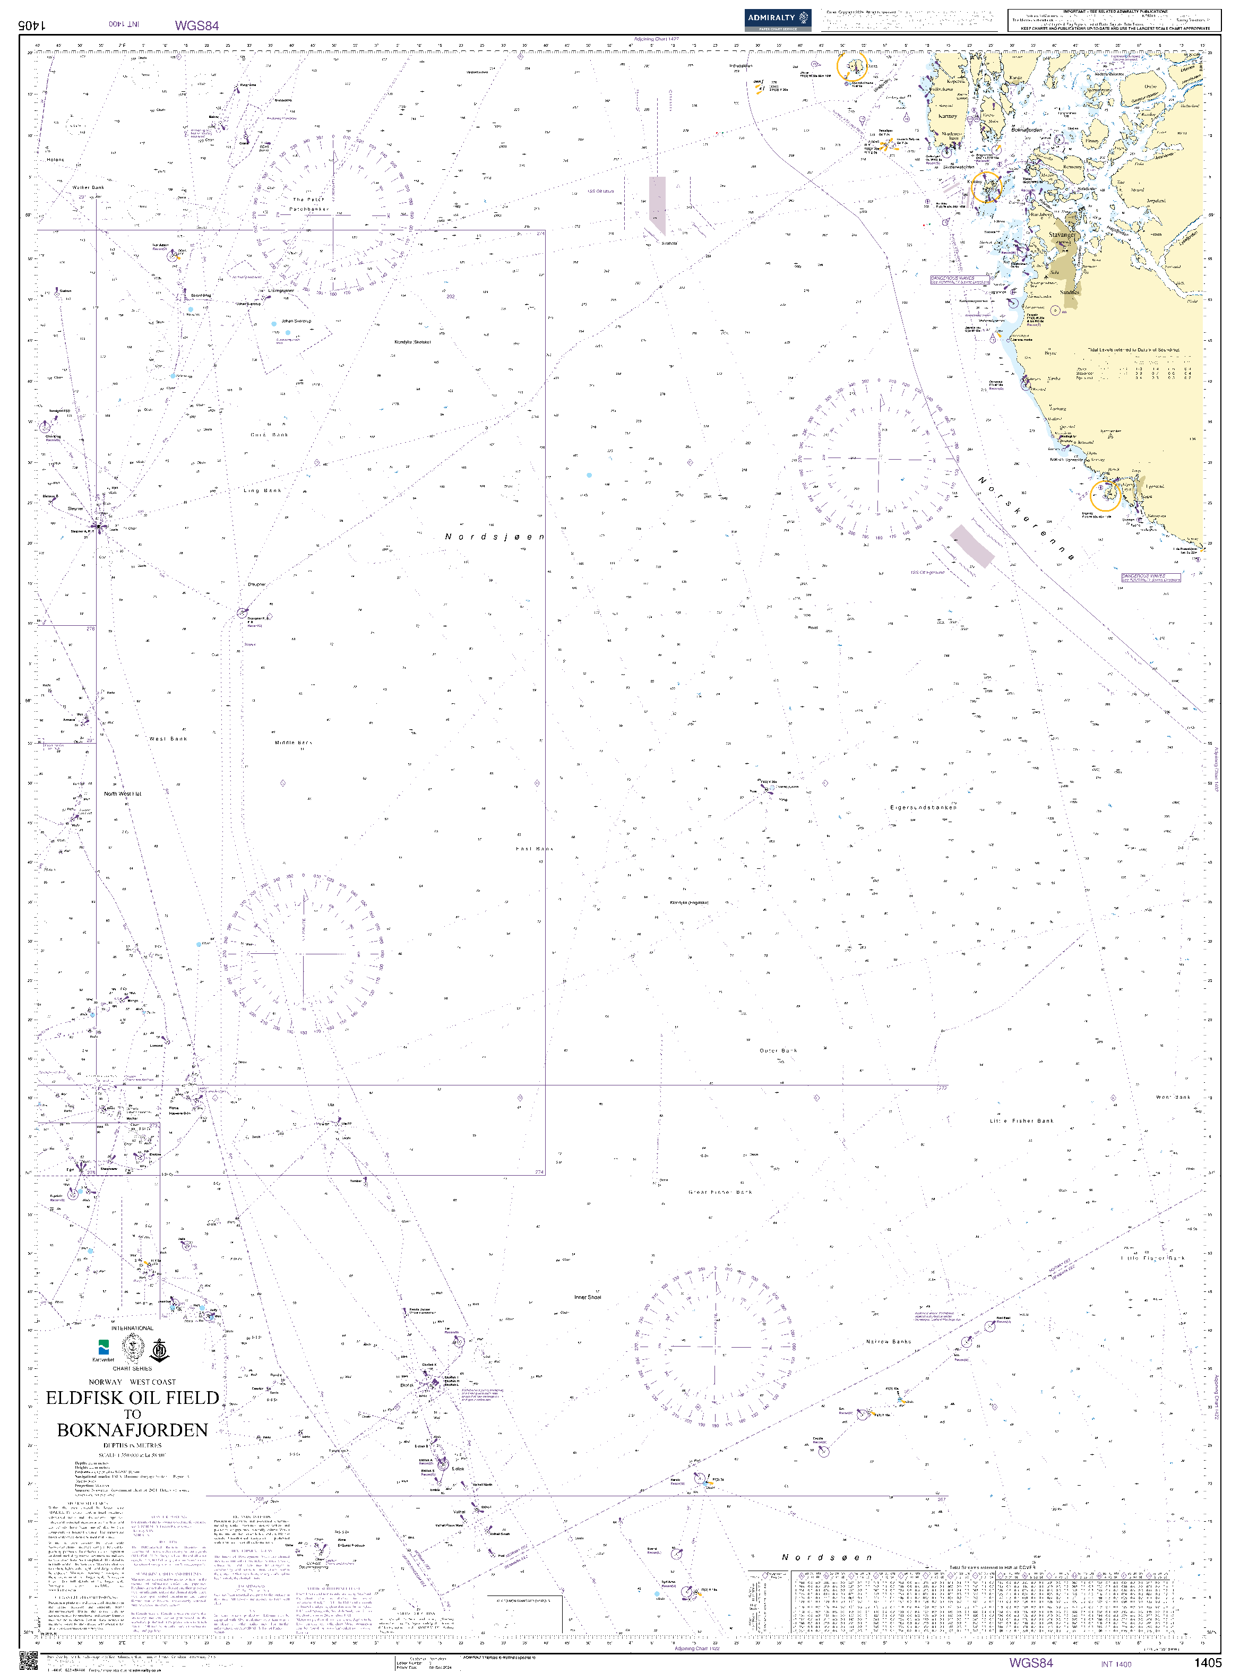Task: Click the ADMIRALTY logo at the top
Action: (x=778, y=19)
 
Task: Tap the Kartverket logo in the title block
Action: (x=104, y=1350)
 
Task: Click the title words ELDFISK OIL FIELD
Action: (x=132, y=1398)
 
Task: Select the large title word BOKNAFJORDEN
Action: (x=132, y=1430)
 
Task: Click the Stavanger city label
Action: (x=1061, y=235)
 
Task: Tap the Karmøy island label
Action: (x=948, y=116)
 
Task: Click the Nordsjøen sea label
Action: (x=494, y=537)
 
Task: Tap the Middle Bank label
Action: (x=292, y=743)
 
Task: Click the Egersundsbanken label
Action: (x=923, y=808)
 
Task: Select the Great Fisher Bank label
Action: (x=720, y=1192)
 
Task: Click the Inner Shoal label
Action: (x=587, y=1297)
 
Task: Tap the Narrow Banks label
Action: (x=888, y=1341)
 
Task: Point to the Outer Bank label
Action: (x=778, y=1051)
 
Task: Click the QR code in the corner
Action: (x=28, y=1660)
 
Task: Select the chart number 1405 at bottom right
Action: (x=1208, y=1662)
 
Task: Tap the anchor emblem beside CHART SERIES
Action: (x=158, y=1350)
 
